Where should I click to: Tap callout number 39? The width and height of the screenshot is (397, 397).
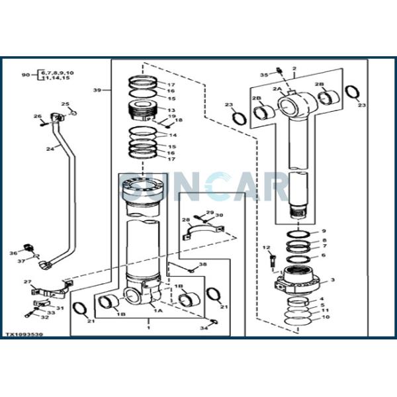click(97, 90)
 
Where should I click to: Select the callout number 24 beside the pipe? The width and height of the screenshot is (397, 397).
click(50, 149)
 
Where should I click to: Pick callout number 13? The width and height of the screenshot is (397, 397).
click(171, 110)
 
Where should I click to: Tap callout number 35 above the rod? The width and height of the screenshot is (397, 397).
click(263, 75)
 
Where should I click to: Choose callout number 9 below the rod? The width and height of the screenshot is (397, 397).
click(324, 231)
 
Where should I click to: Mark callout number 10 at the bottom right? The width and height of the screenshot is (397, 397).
click(324, 318)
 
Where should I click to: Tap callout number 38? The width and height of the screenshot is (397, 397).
click(202, 265)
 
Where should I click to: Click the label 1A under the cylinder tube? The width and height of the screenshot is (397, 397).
click(158, 310)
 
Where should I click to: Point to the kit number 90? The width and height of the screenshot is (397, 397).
click(25, 75)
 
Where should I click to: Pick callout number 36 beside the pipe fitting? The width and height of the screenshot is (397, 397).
click(13, 253)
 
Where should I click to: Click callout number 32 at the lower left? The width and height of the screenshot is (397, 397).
click(44, 317)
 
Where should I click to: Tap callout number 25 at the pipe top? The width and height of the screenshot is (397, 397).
click(65, 105)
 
